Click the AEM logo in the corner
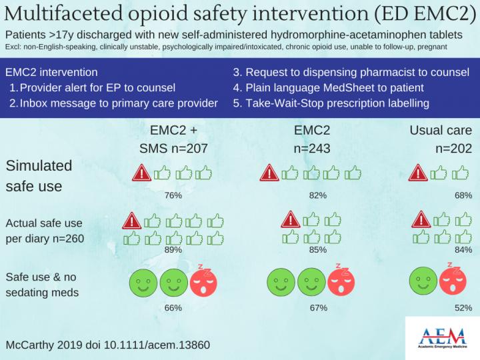click(441, 338)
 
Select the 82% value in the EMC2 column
click(318, 195)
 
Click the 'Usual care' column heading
click(441, 129)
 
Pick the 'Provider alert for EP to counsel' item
click(97, 87)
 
